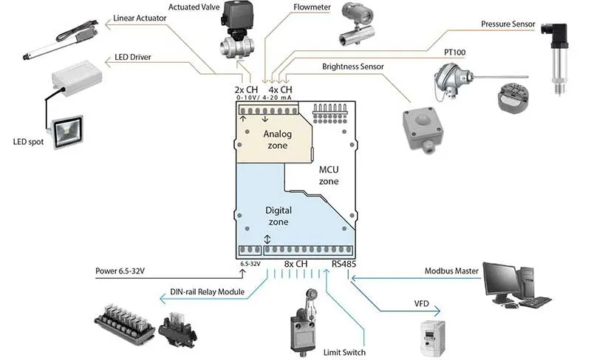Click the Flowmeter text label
312,7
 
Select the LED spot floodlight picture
66,131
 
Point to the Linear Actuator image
61,41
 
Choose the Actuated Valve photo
236,30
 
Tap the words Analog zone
278,140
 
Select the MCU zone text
329,175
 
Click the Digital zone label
279,216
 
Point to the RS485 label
344,264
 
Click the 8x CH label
296,264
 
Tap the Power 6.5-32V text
120,271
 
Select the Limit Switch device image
303,322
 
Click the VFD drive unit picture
433,338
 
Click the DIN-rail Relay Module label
208,292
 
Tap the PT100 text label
454,52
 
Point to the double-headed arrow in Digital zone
267,239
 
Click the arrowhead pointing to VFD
437,311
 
